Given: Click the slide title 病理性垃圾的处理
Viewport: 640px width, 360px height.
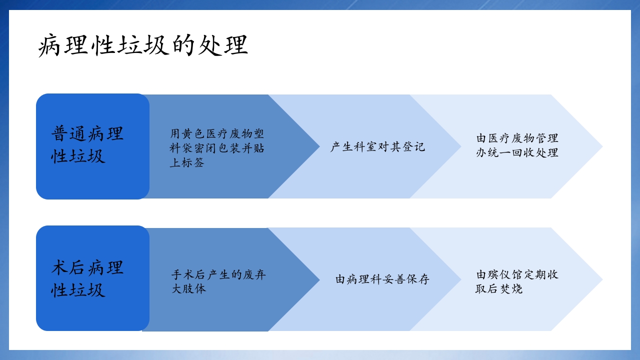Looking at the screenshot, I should [143, 46].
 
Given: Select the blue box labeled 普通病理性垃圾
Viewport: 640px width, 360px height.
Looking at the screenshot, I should [92, 146].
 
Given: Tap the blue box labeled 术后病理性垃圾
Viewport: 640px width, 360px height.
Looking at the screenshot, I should [92, 278].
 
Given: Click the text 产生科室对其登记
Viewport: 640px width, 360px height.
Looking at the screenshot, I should [377, 147].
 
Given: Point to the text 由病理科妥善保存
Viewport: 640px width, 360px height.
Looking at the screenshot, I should [382, 279].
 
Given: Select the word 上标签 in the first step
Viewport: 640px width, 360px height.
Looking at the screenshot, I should [187, 163].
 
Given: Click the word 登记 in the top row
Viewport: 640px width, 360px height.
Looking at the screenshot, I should [413, 147].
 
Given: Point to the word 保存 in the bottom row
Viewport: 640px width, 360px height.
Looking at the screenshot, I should [418, 279].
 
